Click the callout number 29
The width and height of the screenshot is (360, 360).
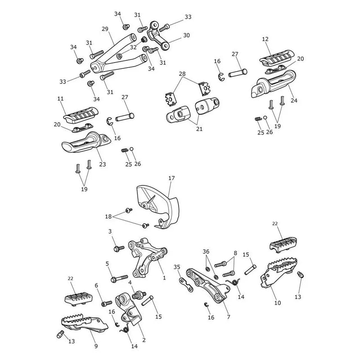[x=105, y=29]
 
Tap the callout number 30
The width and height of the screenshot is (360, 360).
[x=186, y=36]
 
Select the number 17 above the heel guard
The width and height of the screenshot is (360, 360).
[x=171, y=178]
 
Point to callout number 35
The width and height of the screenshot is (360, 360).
[x=177, y=267]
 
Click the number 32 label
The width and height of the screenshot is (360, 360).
[x=133, y=47]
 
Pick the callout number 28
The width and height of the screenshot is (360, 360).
[x=182, y=74]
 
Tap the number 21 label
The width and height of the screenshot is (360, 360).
[x=199, y=129]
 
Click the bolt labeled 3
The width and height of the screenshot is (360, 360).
[x=119, y=248]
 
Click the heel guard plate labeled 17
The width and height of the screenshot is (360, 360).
[x=158, y=207]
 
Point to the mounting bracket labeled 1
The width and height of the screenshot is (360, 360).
[x=147, y=257]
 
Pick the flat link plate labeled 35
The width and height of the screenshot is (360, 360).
[x=186, y=284]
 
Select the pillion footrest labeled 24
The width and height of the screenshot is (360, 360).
[x=273, y=84]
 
